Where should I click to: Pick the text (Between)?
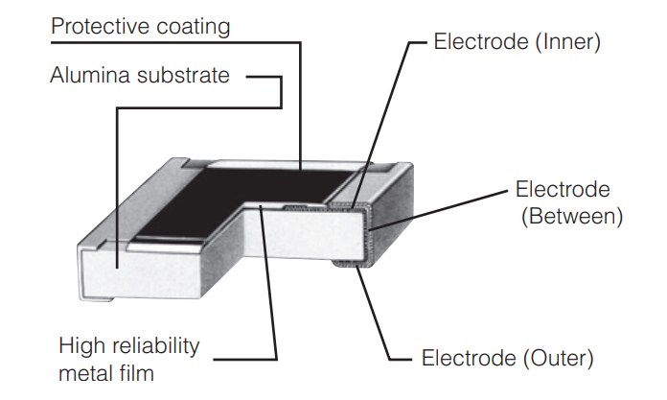[x=571, y=216]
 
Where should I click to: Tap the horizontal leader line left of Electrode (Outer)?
[x=402, y=360]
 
